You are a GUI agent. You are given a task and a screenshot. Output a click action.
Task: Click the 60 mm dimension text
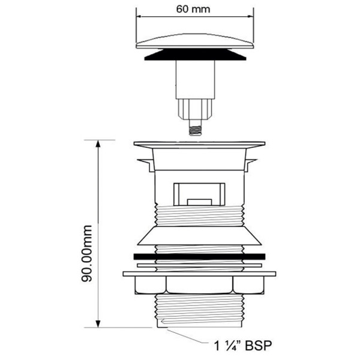194,10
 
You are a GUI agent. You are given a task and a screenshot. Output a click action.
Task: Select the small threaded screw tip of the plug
194,128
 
